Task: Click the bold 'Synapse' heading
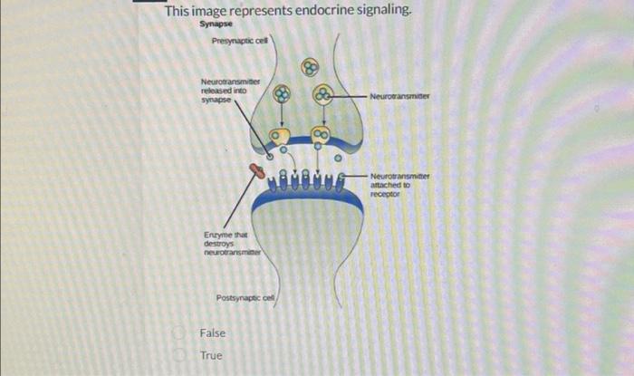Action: click(x=216, y=25)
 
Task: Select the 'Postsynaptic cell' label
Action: click(x=246, y=298)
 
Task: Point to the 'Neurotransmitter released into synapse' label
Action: click(x=229, y=91)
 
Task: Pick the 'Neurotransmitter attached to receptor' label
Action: click(x=399, y=184)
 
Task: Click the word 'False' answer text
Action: click(x=214, y=333)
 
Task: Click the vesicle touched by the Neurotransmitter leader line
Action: click(x=322, y=94)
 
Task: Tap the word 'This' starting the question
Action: click(x=177, y=12)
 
